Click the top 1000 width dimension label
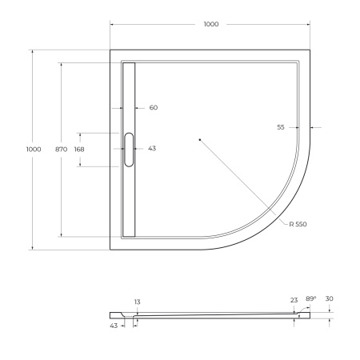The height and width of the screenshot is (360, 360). [x=211, y=25]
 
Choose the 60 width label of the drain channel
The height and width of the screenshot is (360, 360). [x=154, y=108]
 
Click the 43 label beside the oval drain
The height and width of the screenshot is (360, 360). [x=153, y=149]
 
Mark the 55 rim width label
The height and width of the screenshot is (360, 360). [x=281, y=127]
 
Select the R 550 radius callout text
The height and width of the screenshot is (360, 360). [x=298, y=225]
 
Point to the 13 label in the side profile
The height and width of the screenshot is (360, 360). [x=138, y=302]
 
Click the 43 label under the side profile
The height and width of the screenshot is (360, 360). [x=114, y=325]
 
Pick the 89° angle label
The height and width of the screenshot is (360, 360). [x=310, y=298]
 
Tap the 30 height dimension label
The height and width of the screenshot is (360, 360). [x=330, y=298]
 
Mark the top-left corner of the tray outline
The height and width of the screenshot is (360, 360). [x=110, y=50]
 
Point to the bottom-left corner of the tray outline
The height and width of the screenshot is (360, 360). [x=110, y=249]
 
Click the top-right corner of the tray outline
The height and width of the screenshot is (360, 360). [x=310, y=50]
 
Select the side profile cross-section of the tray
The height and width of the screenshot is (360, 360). [x=216, y=314]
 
